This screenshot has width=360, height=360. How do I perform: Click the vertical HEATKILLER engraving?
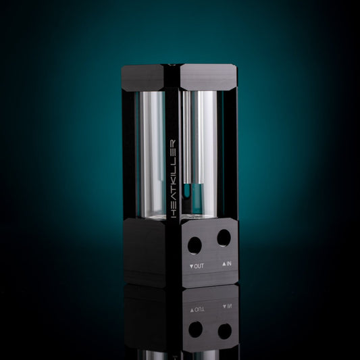[x=174, y=178]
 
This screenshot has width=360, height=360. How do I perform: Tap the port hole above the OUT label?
[x=195, y=245]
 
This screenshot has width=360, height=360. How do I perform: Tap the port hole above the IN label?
[x=224, y=238]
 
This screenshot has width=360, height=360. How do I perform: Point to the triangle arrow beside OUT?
[x=192, y=267]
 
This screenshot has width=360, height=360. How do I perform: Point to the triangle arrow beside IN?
[x=224, y=264]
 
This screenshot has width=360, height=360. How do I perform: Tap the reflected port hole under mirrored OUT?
[x=195, y=330]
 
